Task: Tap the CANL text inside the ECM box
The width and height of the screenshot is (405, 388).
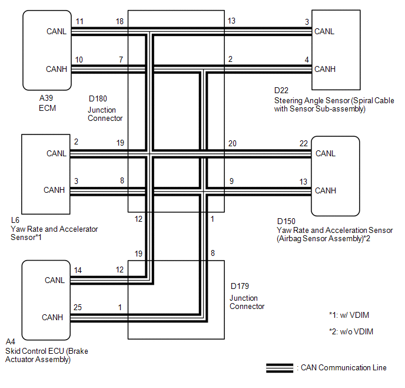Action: (57, 31)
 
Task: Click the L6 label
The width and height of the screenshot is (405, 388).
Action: (15, 220)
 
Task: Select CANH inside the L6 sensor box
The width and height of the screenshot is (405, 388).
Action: (54, 190)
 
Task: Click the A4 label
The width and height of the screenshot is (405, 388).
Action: (10, 341)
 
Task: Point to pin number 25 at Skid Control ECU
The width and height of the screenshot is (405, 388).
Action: (78, 308)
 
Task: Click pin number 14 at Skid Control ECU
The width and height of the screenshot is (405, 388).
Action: (78, 271)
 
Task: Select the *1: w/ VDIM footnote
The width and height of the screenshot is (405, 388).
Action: (351, 315)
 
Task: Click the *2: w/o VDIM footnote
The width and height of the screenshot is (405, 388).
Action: (351, 331)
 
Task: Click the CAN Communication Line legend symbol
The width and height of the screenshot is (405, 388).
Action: (281, 368)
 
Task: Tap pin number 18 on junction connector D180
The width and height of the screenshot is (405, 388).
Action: (119, 22)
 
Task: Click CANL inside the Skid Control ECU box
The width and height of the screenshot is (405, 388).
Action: (55, 280)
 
